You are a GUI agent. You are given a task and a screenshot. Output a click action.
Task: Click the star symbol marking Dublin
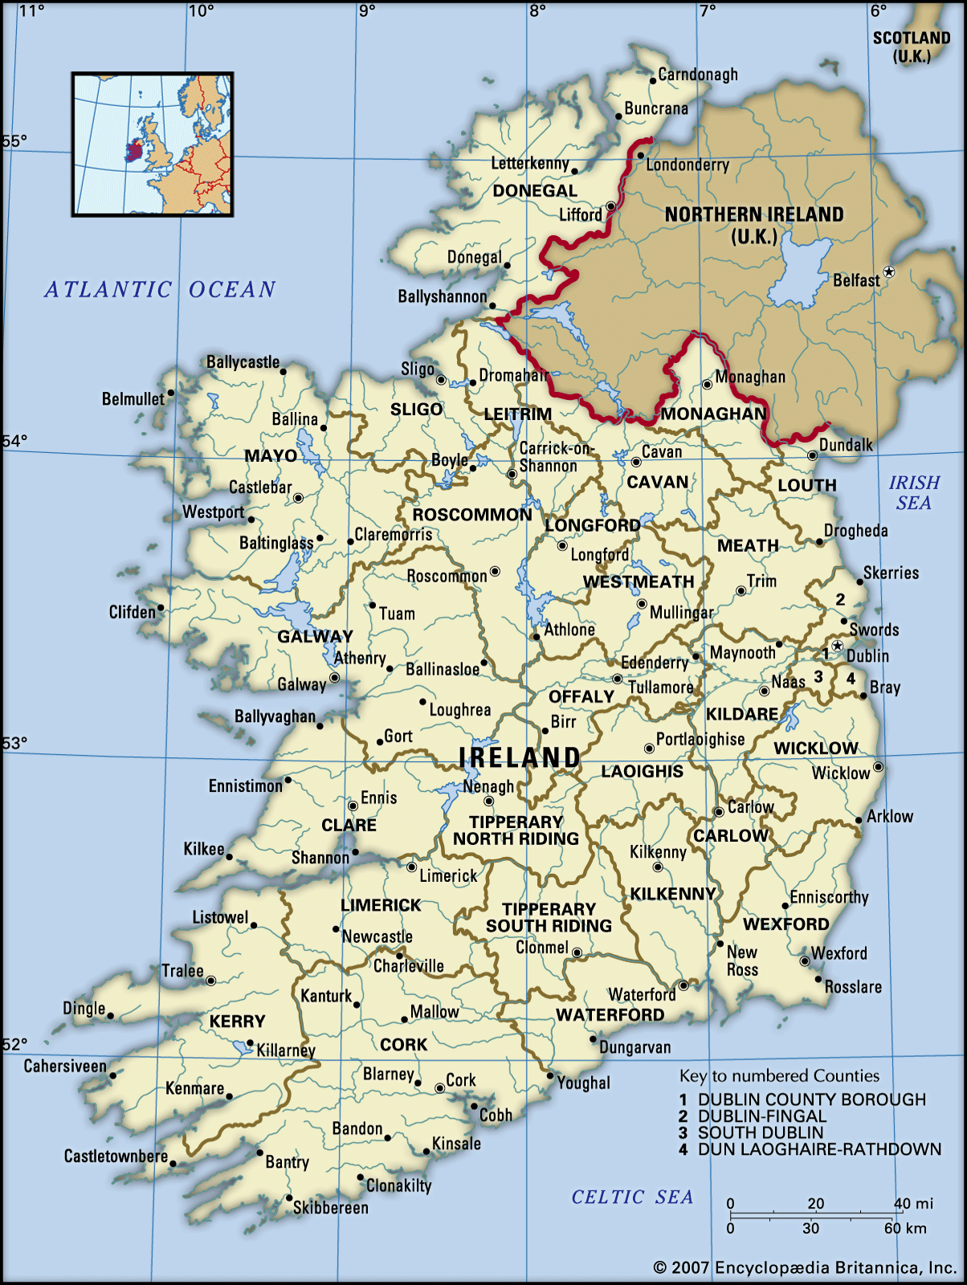tap(837, 646)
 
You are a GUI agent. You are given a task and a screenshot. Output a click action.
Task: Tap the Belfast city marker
tap(888, 272)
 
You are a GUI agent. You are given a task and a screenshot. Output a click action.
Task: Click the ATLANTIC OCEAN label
tap(160, 289)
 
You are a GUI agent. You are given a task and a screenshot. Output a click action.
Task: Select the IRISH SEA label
tap(914, 492)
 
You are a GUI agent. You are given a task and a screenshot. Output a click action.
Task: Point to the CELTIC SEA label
tap(632, 1197)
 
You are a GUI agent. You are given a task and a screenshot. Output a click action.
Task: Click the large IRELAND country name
tap(520, 757)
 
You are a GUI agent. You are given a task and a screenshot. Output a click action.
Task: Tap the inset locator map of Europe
tap(153, 145)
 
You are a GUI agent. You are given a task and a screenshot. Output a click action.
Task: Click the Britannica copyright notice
tap(804, 1268)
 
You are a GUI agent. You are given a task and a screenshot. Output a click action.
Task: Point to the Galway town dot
tap(334, 678)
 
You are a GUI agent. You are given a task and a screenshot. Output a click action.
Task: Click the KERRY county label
tap(237, 1022)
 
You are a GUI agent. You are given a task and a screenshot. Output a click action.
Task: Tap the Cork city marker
tap(439, 1088)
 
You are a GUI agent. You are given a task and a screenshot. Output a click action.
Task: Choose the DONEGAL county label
tap(535, 191)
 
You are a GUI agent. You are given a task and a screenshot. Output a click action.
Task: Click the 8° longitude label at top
tap(537, 10)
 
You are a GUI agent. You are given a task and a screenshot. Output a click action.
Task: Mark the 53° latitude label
tap(14, 743)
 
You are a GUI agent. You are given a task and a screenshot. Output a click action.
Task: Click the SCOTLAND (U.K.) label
tap(912, 47)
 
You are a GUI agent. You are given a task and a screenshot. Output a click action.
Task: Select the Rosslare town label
tap(853, 987)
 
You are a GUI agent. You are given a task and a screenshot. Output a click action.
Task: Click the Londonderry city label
tap(688, 165)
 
